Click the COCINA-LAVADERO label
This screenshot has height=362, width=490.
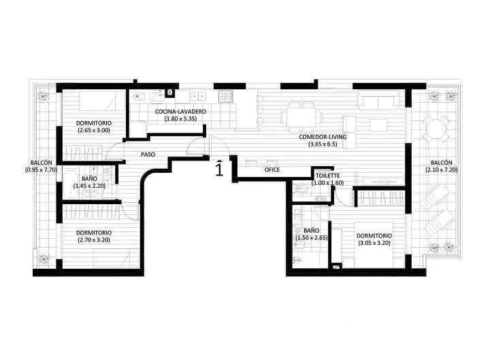tap(180, 112)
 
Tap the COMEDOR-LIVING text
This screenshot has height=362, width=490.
tap(323, 137)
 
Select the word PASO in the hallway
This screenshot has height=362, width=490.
tap(148, 154)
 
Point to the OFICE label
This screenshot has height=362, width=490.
tap(272, 169)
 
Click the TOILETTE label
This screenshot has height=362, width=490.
tap(327, 175)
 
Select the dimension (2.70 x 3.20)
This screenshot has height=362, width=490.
tap(93, 240)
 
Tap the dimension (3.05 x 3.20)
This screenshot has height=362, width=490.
tap(374, 244)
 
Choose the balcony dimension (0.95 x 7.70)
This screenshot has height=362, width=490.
tap(38, 169)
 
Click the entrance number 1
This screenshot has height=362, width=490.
tap(218, 168)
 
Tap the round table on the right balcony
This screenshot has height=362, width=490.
tap(436, 129)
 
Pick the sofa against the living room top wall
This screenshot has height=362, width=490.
tap(378, 101)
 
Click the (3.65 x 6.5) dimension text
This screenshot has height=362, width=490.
tap(323, 144)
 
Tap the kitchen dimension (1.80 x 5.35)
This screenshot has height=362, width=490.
tap(180, 119)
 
